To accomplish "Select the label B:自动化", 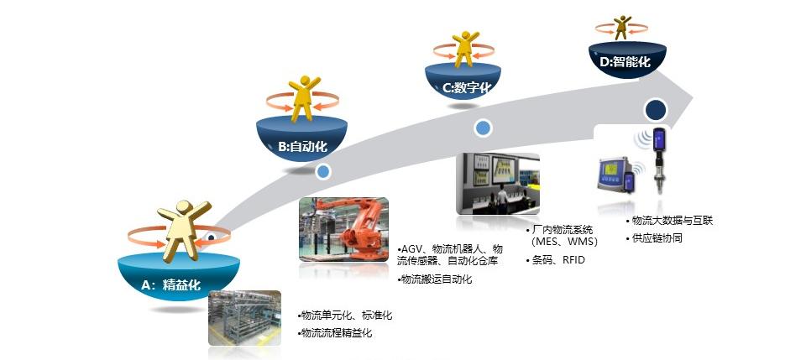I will [302, 146].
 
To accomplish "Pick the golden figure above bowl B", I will [304, 100].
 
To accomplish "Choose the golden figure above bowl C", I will [464, 50].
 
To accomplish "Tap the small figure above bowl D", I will [621, 27].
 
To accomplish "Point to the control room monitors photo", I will [497, 184].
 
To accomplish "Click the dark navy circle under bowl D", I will [655, 110].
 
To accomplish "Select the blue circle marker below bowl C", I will [483, 128].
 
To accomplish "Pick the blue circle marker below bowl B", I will [323, 172].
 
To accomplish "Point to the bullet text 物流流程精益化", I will [336, 333].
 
